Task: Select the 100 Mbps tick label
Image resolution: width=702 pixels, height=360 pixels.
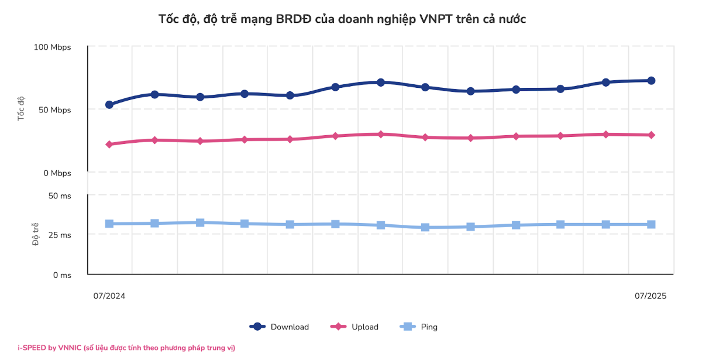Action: pos(53,47)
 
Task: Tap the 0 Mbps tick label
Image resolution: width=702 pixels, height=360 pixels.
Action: pos(57,173)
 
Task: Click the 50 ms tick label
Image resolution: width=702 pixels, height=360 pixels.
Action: pos(61,196)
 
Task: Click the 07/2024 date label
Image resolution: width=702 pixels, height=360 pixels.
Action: pos(109,296)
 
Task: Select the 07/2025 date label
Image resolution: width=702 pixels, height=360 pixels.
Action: pos(651,296)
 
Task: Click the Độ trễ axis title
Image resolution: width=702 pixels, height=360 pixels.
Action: pos(35,234)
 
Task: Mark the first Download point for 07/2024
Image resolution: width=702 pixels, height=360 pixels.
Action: pos(109,105)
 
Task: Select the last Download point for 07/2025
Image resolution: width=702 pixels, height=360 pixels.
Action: pos(651,81)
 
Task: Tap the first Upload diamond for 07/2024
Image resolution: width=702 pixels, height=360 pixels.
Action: pos(109,144)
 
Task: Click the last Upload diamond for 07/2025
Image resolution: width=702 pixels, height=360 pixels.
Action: pos(651,135)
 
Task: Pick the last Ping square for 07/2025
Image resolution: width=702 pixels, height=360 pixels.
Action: pos(651,224)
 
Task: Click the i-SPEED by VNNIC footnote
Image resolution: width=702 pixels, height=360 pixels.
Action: pos(126,348)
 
